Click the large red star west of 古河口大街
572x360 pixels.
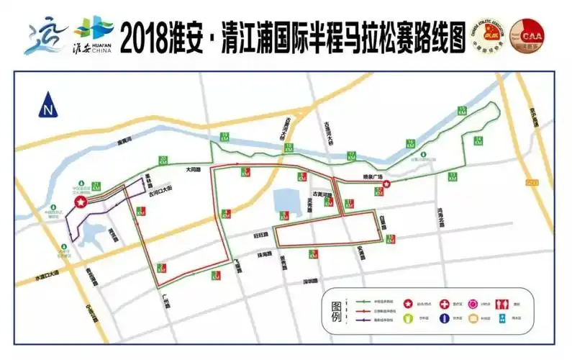81,203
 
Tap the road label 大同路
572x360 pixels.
193,170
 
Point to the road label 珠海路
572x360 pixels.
263,254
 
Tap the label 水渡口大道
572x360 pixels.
47,276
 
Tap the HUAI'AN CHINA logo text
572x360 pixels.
97,47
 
